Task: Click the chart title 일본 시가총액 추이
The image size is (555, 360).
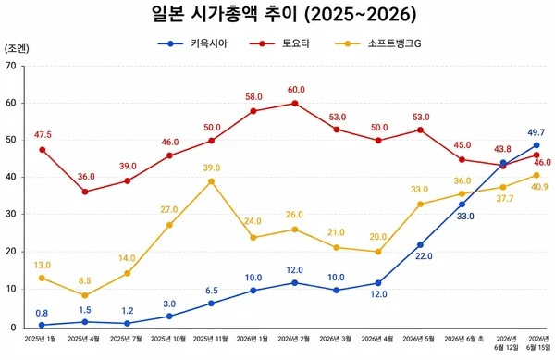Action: pyautogui.click(x=227, y=15)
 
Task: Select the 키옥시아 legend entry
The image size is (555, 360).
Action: pyautogui.click(x=192, y=43)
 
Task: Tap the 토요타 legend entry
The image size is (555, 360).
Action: pyautogui.click(x=279, y=43)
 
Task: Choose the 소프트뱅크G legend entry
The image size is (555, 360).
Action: pyautogui.click(x=378, y=43)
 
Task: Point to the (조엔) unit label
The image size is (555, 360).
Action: pyautogui.click(x=17, y=48)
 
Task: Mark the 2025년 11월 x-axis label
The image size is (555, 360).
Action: pyautogui.click(x=210, y=339)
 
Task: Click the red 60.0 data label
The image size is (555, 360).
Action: pyautogui.click(x=296, y=90)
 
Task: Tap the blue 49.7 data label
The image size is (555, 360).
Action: pyautogui.click(x=536, y=132)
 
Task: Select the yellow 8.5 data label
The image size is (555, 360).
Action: pyautogui.click(x=84, y=281)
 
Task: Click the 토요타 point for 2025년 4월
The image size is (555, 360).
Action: pyautogui.click(x=85, y=192)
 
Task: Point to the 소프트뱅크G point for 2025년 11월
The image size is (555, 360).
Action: pyautogui.click(x=211, y=181)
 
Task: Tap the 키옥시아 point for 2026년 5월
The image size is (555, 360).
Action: pyautogui.click(x=420, y=245)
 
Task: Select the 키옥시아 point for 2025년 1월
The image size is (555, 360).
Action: pyautogui.click(x=42, y=325)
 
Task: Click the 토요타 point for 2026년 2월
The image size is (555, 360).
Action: pyautogui.click(x=295, y=104)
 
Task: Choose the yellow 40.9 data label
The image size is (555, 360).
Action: pyautogui.click(x=539, y=187)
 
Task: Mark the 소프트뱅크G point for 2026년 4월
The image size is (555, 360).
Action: pyautogui.click(x=378, y=252)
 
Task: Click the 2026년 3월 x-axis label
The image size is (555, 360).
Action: pyautogui.click(x=336, y=339)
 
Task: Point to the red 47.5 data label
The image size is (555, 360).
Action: pyautogui.click(x=43, y=135)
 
